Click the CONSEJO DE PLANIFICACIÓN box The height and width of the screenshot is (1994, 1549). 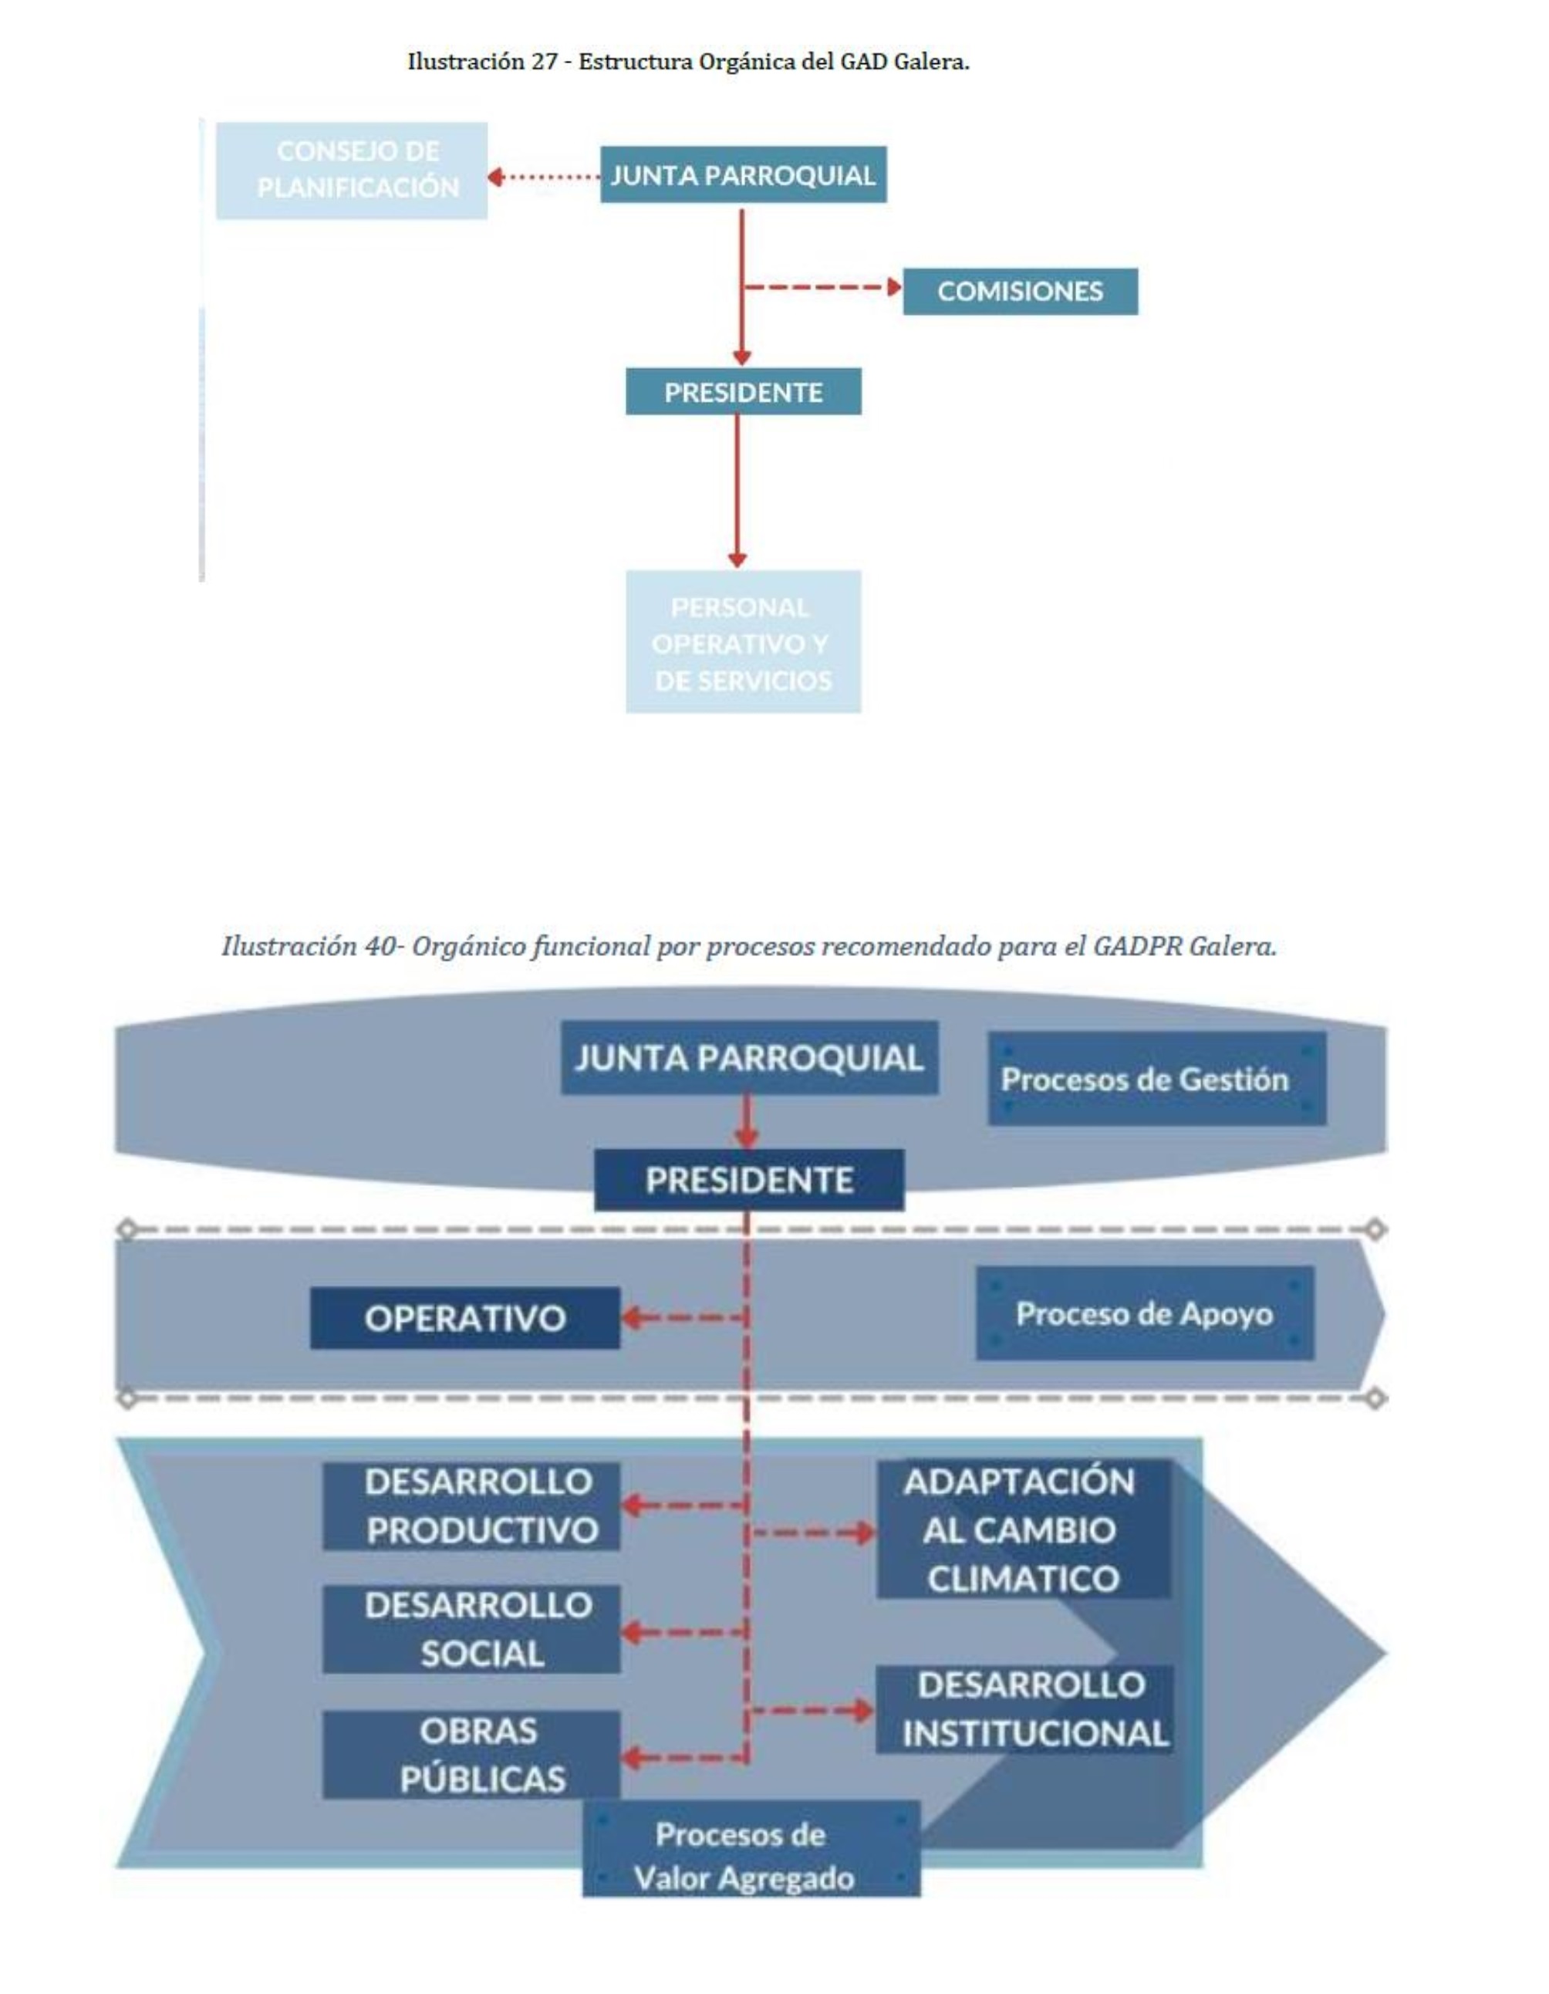pyautogui.click(x=352, y=170)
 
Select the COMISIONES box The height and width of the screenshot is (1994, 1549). pyautogui.click(x=1020, y=291)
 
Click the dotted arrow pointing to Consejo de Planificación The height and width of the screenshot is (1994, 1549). pyautogui.click(x=543, y=176)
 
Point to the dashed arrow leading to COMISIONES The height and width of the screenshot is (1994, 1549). pyautogui.click(x=822, y=289)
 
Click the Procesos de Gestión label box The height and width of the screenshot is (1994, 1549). pyautogui.click(x=1156, y=1079)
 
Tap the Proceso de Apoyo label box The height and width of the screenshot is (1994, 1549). pyautogui.click(x=1144, y=1314)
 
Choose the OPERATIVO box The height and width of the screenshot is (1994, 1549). pyautogui.click(x=464, y=1317)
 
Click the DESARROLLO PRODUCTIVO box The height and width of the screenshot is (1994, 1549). pyautogui.click(x=471, y=1506)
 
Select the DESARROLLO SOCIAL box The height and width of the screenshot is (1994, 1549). pyautogui.click(x=471, y=1629)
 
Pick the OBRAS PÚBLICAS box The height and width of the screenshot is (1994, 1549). pyautogui.click(x=471, y=1755)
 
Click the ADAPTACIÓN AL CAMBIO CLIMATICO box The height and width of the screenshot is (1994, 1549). pyautogui.click(x=1022, y=1529)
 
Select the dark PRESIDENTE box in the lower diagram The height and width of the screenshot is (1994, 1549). pyautogui.click(x=748, y=1180)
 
